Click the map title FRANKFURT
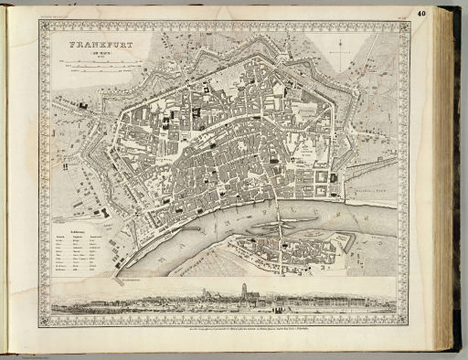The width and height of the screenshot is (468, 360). pos(94,43)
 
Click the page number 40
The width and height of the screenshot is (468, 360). pos(445,13)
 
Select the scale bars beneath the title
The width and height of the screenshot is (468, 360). pos(91,67)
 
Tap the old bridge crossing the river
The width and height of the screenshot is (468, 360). pos(279,218)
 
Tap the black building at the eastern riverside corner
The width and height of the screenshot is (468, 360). pos(335,178)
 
